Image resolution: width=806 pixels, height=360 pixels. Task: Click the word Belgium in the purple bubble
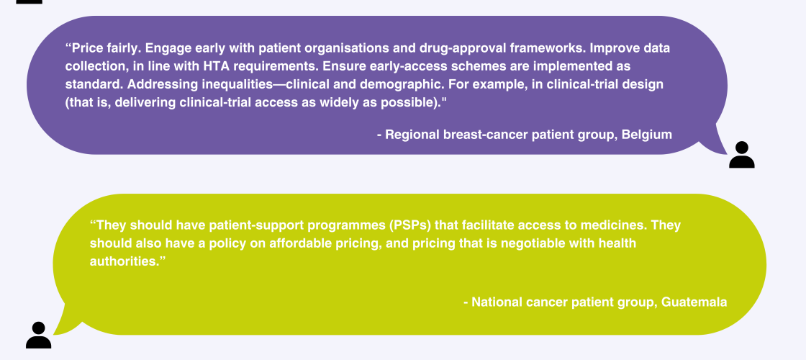point(647,135)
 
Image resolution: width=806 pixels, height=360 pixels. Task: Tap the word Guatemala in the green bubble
point(694,302)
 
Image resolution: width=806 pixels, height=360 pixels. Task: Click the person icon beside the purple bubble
point(742,155)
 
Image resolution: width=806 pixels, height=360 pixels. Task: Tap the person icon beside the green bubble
point(39,336)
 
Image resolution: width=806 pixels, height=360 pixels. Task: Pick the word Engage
point(163,48)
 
